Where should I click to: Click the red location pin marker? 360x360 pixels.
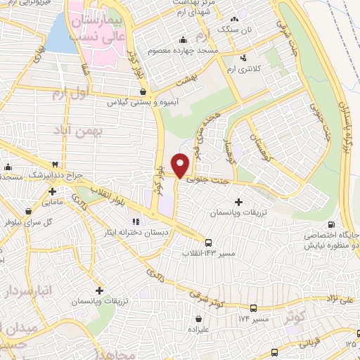(181, 165)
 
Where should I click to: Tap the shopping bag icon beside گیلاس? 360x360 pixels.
(143, 91)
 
